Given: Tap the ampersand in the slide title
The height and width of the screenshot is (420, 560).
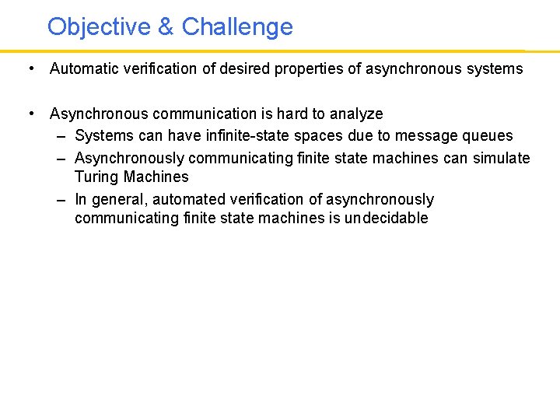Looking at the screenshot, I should [x=166, y=27].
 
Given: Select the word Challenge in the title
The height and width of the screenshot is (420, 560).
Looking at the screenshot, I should [x=237, y=27].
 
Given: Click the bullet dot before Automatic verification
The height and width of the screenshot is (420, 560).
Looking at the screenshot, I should [x=29, y=68].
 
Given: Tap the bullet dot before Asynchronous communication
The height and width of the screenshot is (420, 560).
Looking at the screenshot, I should [x=29, y=114].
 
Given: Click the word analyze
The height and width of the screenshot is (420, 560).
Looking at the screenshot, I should [x=355, y=114].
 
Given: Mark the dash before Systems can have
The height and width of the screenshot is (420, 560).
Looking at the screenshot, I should [x=61, y=136].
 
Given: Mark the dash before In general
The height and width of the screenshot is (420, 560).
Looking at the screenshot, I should [x=61, y=200].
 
